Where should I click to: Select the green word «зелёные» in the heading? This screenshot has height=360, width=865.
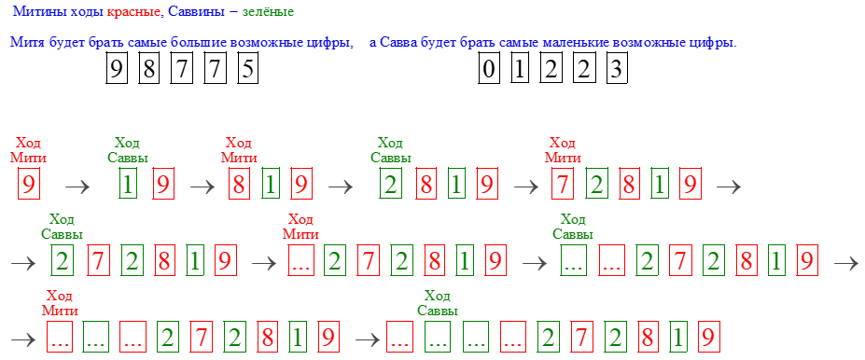pos(267,11)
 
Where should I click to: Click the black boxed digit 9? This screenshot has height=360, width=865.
pos(117,70)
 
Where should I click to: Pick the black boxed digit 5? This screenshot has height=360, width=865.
pos(246,70)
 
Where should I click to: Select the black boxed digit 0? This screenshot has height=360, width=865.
pos(488,70)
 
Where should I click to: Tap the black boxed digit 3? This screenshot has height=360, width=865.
pos(615,70)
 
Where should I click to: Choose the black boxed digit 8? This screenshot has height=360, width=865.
pos(148,70)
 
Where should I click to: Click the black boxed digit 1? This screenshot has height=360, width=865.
pos(520,70)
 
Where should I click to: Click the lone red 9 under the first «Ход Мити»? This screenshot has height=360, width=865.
pos(29,185)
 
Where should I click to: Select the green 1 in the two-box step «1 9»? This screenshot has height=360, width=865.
pos(129,185)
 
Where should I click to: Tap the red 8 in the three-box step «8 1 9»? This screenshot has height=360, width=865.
pos(239,185)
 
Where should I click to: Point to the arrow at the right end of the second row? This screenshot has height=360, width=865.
pos(845,263)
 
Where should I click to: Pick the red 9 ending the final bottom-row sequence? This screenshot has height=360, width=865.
pos(708,338)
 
